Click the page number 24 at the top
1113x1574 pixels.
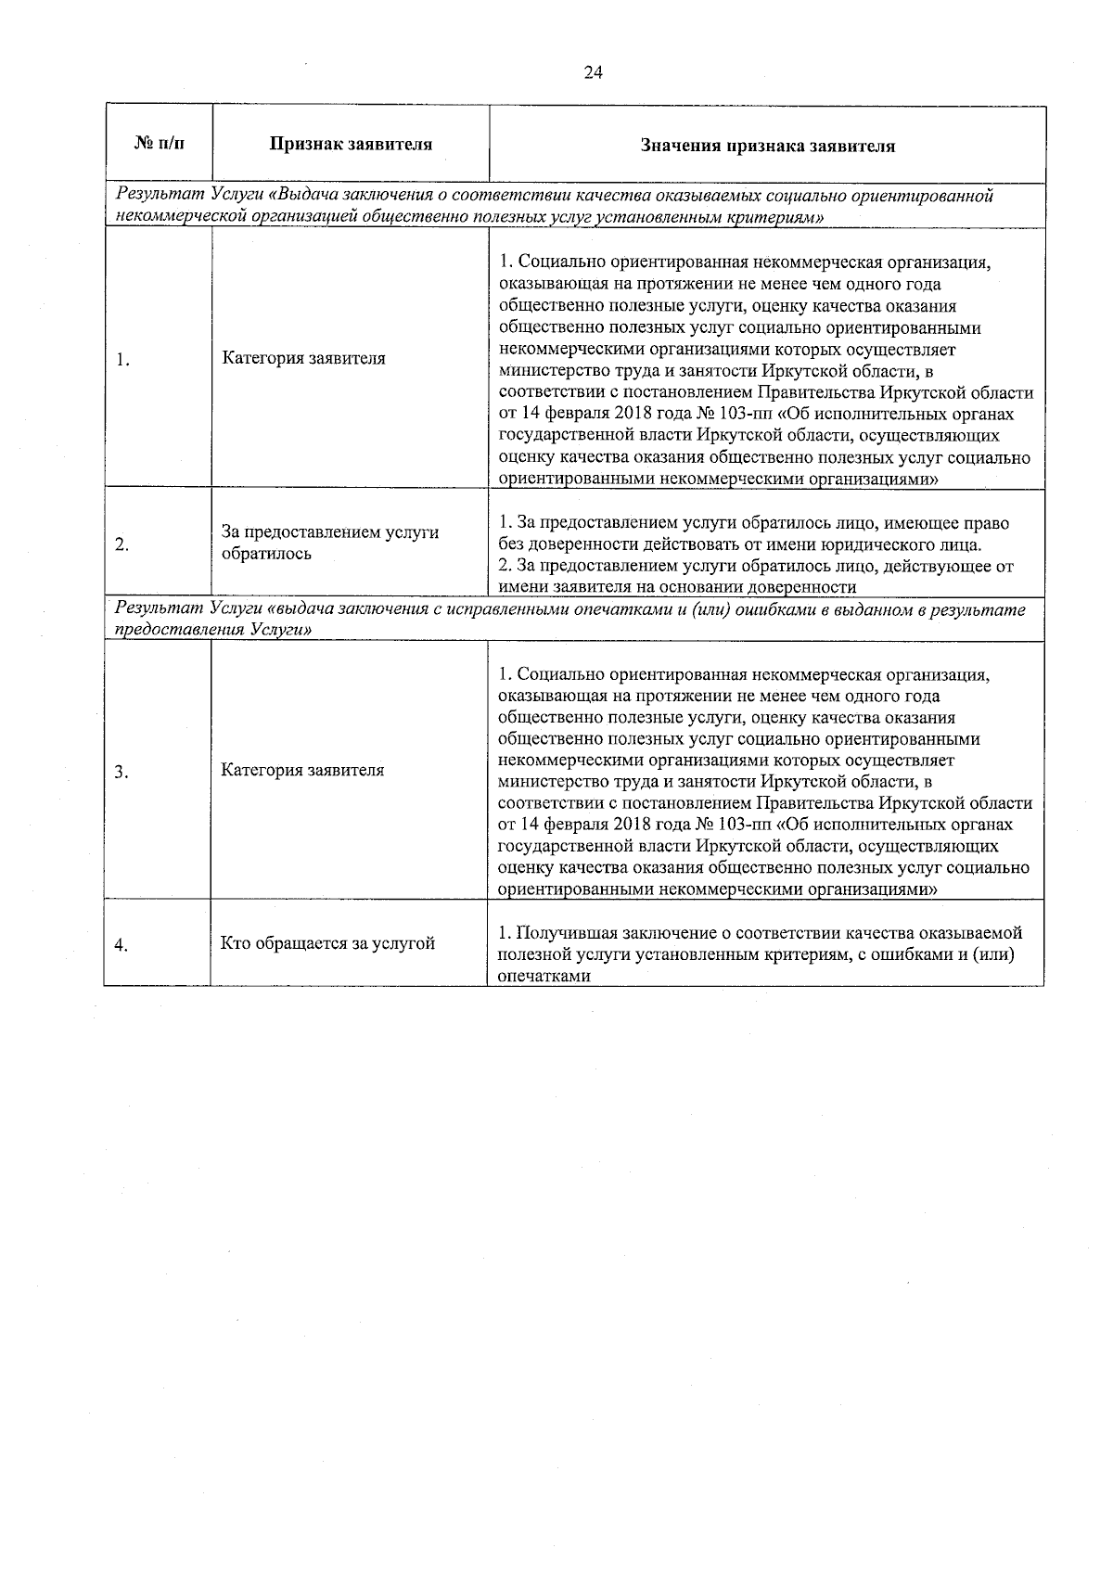[594, 74]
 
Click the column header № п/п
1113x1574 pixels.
[159, 144]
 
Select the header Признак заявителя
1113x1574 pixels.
[351, 145]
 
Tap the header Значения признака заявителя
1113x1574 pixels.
[767, 146]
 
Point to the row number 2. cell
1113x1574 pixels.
[122, 544]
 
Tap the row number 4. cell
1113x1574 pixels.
[122, 945]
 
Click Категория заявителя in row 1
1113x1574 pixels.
[303, 359]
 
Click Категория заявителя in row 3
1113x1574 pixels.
[302, 771]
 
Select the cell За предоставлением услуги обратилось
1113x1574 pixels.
[329, 544]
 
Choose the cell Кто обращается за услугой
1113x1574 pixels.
[327, 944]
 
